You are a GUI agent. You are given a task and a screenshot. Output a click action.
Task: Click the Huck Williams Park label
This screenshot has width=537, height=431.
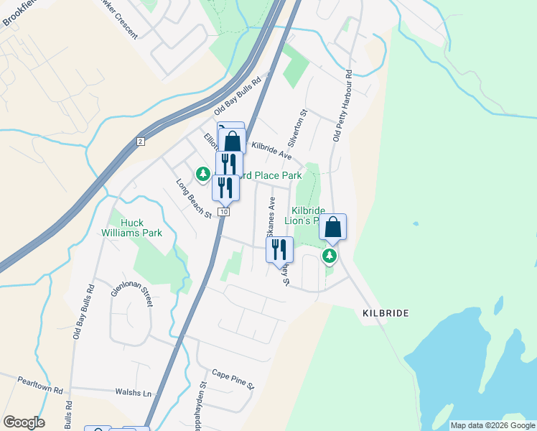coord(131,228)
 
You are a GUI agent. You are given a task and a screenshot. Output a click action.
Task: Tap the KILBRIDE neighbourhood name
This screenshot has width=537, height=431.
coord(386,314)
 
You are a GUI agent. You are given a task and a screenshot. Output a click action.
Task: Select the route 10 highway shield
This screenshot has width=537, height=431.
coord(225,212)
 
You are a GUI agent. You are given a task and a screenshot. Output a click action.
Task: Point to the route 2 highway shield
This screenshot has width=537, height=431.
coord(140,142)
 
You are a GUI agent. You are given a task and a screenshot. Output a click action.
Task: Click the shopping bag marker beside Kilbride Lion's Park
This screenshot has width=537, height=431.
coord(333,228)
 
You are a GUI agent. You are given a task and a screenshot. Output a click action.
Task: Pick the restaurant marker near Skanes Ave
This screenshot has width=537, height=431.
coord(279,249)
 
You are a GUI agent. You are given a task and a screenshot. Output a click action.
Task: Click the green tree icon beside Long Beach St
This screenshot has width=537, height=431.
coord(203,174)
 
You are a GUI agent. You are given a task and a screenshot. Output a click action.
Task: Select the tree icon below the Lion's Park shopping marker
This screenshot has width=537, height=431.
coord(330,256)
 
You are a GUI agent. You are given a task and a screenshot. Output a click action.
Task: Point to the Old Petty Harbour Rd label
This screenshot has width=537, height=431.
coord(341,105)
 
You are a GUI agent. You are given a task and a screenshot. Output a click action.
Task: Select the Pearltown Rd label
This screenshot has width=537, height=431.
coord(41,384)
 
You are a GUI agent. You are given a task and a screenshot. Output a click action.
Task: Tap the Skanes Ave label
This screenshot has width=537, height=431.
coord(271,217)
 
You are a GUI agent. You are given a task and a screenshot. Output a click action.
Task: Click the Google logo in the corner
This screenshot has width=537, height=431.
coord(24,422)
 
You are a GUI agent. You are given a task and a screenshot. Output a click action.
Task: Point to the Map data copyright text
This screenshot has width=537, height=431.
coord(492,425)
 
